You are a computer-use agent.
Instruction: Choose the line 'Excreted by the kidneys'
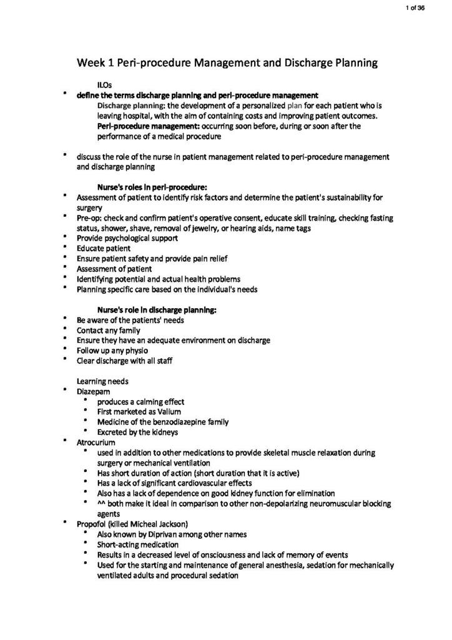point(137,432)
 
